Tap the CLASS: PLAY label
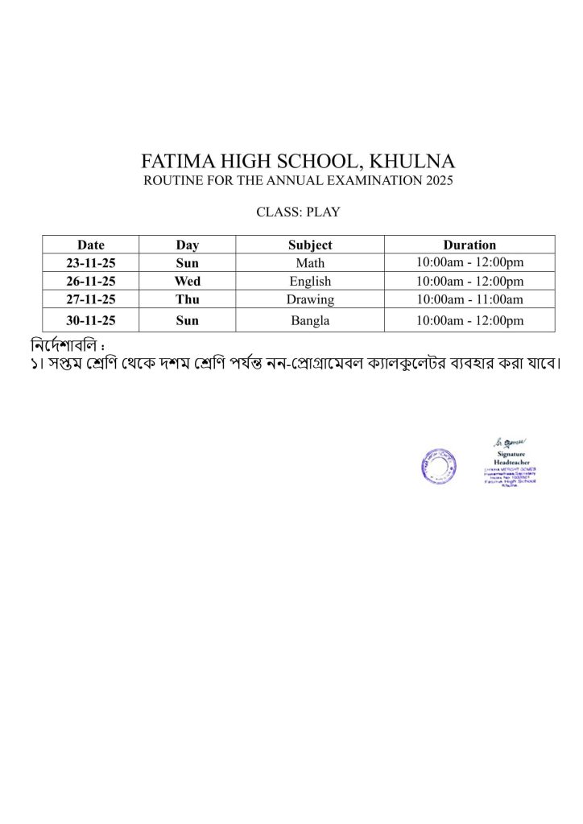pos(298,212)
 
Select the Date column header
pos(91,245)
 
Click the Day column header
pos(188,245)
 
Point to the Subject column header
pos(310,245)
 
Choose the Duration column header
pos(469,245)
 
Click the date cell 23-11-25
pos(91,263)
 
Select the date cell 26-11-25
pos(91,282)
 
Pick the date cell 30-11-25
pos(91,320)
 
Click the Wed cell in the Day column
pos(188,282)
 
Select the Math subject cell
pos(310,263)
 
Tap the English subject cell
pos(310,282)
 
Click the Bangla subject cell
pos(310,320)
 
